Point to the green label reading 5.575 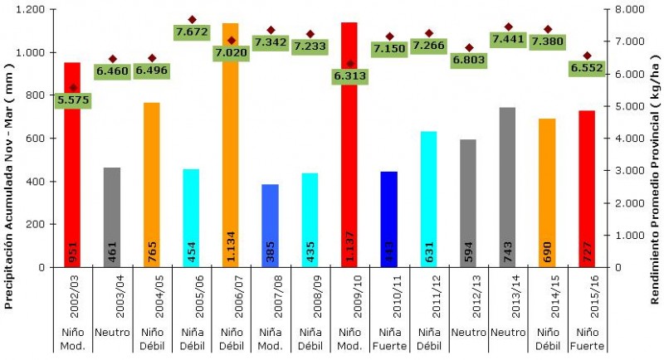pos(72,100)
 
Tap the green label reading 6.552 pos(588,70)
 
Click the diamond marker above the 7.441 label pos(508,27)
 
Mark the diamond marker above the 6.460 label pos(112,59)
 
